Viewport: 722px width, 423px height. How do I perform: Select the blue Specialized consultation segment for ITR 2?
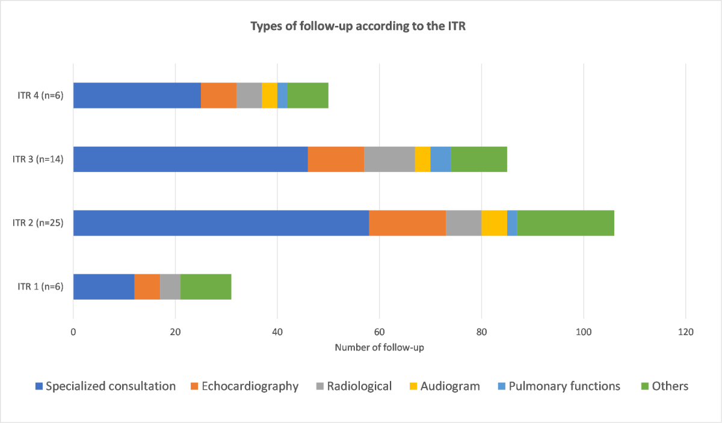click(x=221, y=223)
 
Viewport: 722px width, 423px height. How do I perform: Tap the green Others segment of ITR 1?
click(x=206, y=286)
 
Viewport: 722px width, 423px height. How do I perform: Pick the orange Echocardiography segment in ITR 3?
click(x=336, y=159)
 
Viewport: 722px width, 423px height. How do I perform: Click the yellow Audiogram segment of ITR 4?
click(x=270, y=96)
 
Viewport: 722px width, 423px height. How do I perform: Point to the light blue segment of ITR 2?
click(x=512, y=223)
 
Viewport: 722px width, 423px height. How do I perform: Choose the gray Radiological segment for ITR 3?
click(x=389, y=159)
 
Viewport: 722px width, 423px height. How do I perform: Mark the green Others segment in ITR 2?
click(x=566, y=223)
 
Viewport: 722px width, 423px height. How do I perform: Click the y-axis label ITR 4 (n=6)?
click(x=40, y=96)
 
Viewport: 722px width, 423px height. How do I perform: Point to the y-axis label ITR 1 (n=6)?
click(x=40, y=287)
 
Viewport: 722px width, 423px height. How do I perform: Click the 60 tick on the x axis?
click(x=379, y=332)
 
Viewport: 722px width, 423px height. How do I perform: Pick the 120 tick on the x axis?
click(x=685, y=332)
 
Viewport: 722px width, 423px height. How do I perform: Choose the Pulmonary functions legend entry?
click(x=558, y=386)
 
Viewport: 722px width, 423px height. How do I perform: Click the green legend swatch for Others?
click(x=643, y=386)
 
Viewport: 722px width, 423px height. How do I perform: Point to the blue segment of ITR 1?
click(x=103, y=286)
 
